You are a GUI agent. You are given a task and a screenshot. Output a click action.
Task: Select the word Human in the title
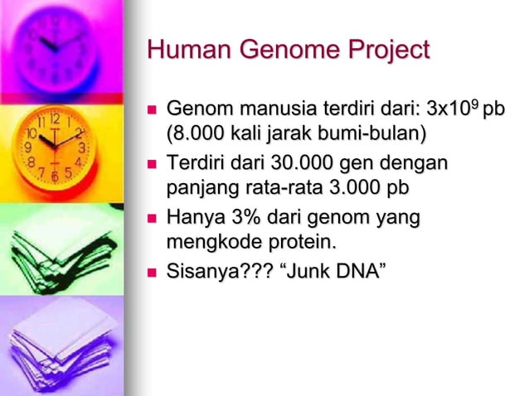182,50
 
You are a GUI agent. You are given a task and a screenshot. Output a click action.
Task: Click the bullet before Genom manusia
152,109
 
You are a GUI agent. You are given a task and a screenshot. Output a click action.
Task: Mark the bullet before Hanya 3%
152,219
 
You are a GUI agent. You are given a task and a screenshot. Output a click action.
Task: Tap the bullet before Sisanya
152,273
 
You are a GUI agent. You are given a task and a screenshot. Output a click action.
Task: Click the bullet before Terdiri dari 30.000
152,164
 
